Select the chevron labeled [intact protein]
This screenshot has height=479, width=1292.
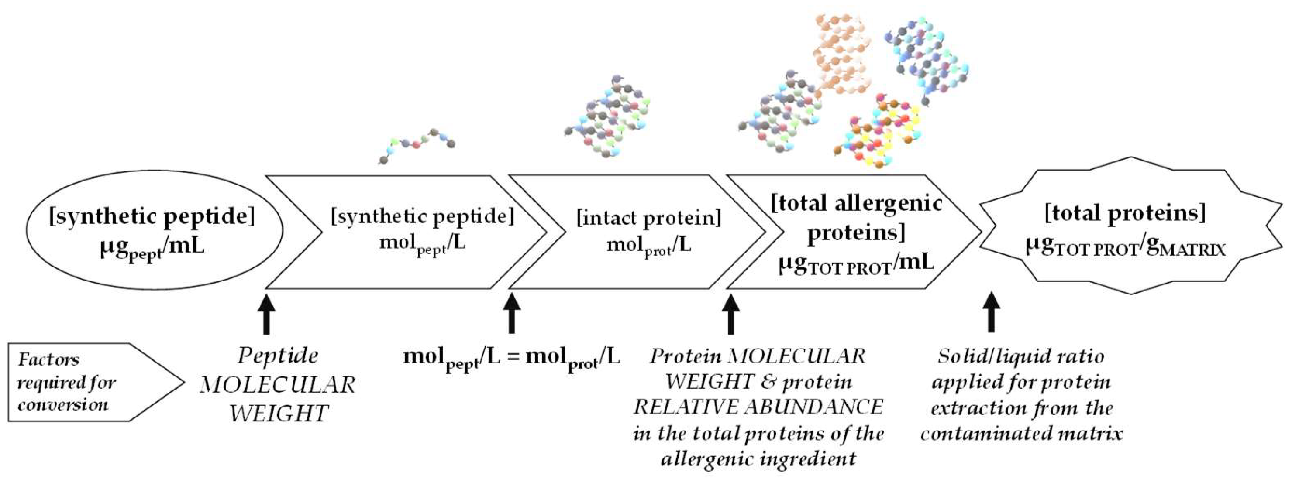[647, 232]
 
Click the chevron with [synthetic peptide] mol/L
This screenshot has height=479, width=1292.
[421, 232]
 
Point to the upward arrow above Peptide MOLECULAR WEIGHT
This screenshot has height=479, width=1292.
[266, 315]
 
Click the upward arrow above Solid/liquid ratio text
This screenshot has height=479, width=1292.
[991, 313]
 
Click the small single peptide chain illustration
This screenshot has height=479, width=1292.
[416, 145]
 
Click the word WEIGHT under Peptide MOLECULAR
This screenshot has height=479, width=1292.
[279, 414]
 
